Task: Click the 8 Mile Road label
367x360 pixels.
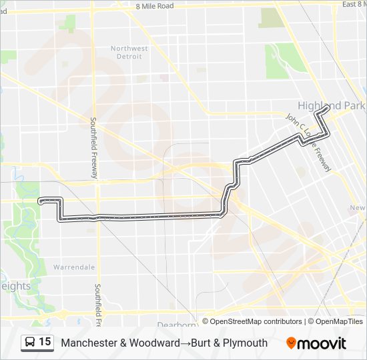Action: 154,6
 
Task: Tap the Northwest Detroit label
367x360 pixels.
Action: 129,53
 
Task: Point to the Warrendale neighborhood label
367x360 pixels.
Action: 74,267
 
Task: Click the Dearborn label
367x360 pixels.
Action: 177,325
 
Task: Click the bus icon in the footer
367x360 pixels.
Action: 30,343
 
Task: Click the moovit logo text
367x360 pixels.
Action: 322,343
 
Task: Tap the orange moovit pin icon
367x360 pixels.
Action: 291,343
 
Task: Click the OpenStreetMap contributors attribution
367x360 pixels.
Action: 256,321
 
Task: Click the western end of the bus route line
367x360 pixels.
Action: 41,200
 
